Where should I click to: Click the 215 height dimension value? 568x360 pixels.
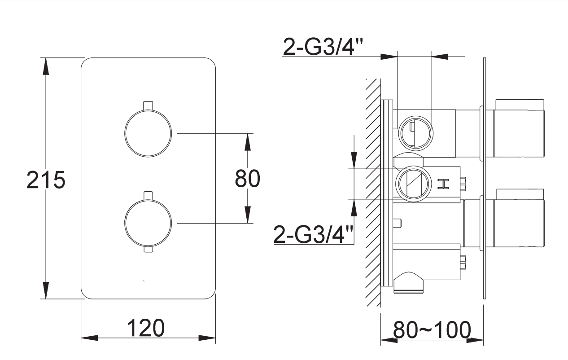click(x=46, y=180)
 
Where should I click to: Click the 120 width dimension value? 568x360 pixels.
click(x=145, y=328)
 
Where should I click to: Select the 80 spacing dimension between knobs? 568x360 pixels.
click(x=248, y=179)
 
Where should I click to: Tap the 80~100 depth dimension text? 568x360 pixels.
click(x=432, y=330)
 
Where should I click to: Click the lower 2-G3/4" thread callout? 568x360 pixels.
click(x=313, y=235)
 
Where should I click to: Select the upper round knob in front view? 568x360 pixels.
click(x=148, y=133)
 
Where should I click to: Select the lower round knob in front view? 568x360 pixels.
click(x=148, y=223)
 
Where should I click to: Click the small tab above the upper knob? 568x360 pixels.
click(x=148, y=105)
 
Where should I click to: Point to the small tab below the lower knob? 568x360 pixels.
click(x=149, y=249)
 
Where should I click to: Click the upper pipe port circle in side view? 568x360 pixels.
click(x=415, y=133)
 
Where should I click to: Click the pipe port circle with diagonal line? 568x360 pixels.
click(x=413, y=184)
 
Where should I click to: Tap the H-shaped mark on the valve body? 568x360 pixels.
click(x=443, y=184)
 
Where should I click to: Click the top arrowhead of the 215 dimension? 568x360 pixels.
click(x=46, y=66)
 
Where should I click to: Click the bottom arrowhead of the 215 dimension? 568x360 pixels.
click(x=46, y=290)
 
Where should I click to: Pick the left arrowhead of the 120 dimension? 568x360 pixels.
click(x=89, y=338)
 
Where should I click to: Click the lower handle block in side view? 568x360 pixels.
click(x=519, y=218)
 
